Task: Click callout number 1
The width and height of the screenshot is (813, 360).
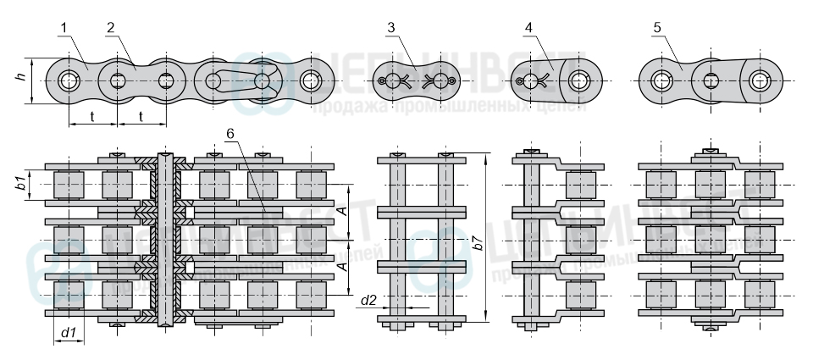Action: [x=64, y=28]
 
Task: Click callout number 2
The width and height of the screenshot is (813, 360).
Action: [x=111, y=28]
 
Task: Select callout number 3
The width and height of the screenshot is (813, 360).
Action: [x=390, y=28]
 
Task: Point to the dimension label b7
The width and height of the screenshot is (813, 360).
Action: [x=478, y=241]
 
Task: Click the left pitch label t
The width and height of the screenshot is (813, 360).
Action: [x=91, y=116]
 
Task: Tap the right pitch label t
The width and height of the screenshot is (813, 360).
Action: [x=141, y=116]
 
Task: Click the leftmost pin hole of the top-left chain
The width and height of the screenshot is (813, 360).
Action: [x=68, y=81]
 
